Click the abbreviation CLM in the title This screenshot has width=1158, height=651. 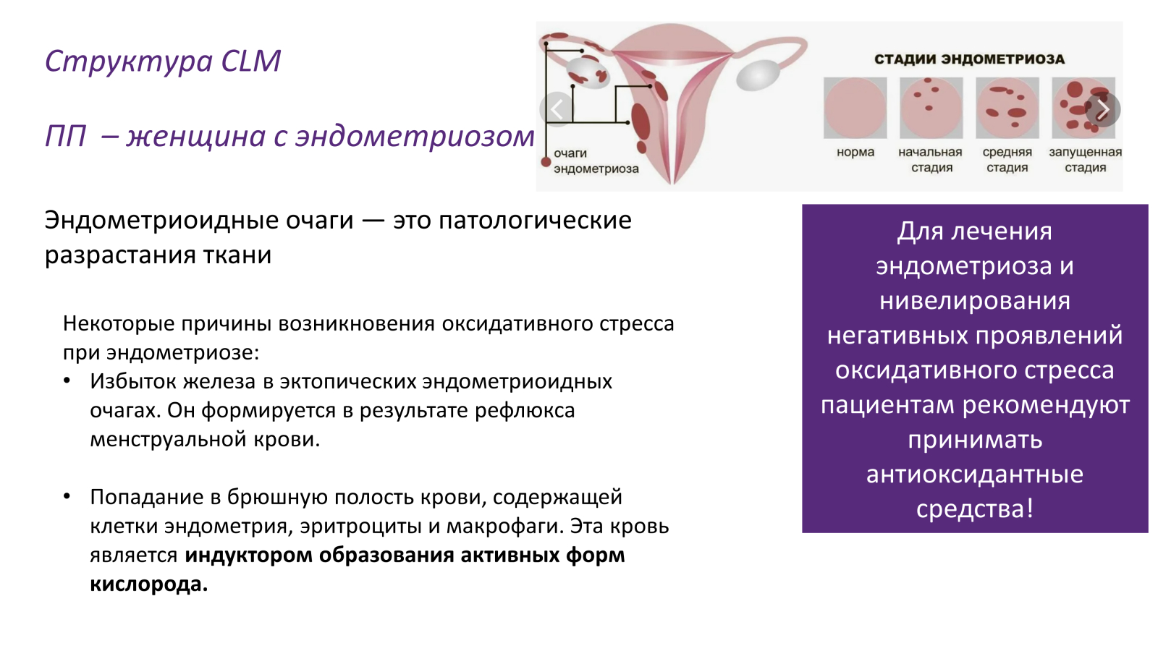click(250, 61)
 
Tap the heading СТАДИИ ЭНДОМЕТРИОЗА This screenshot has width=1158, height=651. click(969, 59)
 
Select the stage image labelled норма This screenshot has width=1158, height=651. click(855, 108)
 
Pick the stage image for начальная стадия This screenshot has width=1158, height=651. click(931, 108)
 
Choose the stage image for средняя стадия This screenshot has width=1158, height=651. click(1007, 108)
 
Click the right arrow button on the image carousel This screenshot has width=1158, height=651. click(1103, 110)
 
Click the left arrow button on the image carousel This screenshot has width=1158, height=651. click(557, 110)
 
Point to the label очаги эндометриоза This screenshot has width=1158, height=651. click(595, 161)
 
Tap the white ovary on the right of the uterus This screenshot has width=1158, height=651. click(758, 75)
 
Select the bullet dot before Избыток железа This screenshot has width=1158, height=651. click(67, 380)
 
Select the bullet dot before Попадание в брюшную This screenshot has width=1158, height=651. click(67, 496)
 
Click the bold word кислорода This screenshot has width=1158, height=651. click(148, 584)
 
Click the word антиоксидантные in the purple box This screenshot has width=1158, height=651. click(974, 475)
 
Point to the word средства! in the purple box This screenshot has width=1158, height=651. click(974, 509)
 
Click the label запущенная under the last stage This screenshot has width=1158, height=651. click(1085, 152)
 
